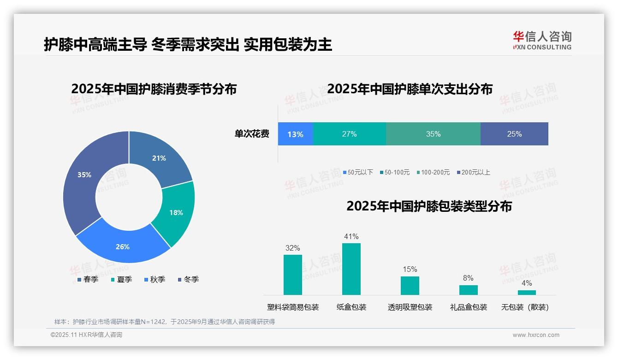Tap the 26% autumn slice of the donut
pyautogui.click(x=123, y=246)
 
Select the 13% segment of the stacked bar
pyautogui.click(x=295, y=134)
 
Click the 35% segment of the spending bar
pyautogui.click(x=433, y=134)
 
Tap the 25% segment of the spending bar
pyautogui.click(x=514, y=134)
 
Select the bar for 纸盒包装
pyautogui.click(x=351, y=269)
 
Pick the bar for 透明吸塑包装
pyautogui.click(x=410, y=286)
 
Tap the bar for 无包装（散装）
pyautogui.click(x=527, y=293)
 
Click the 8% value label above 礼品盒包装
pyautogui.click(x=468, y=278)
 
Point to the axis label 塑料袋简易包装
pyautogui.click(x=293, y=307)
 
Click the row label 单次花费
pyautogui.click(x=252, y=134)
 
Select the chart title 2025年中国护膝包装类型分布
pyautogui.click(x=429, y=206)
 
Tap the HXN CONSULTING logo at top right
pyautogui.click(x=542, y=41)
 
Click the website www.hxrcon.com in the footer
pyautogui.click(x=536, y=335)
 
